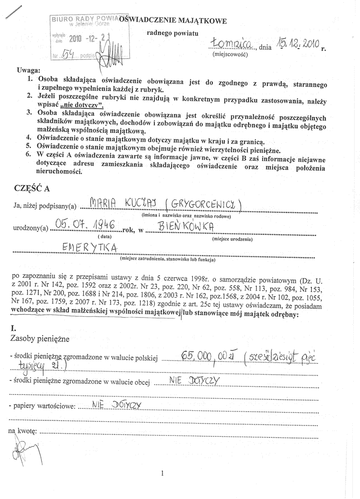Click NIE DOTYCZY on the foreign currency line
click(193, 381)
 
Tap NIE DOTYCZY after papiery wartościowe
click(116, 404)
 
